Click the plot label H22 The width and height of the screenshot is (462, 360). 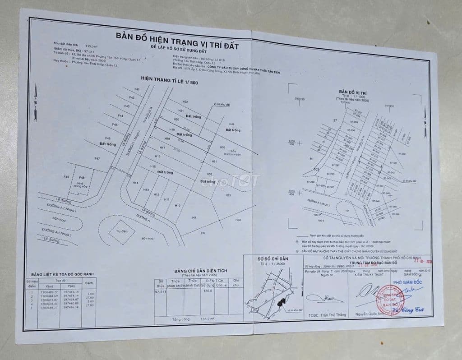tap(185, 102)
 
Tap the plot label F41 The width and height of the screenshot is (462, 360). tap(137, 89)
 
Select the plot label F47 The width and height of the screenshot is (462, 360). tap(97, 159)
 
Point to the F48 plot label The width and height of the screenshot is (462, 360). tap(82, 178)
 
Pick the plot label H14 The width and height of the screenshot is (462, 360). tap(135, 182)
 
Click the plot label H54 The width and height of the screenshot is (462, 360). tap(238, 220)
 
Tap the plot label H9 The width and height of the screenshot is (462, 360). tap(194, 218)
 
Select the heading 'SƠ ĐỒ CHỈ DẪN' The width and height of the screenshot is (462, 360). tap(273, 258)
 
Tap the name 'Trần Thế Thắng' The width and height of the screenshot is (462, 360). tap(320, 315)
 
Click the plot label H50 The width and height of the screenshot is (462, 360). tap(222, 148)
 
